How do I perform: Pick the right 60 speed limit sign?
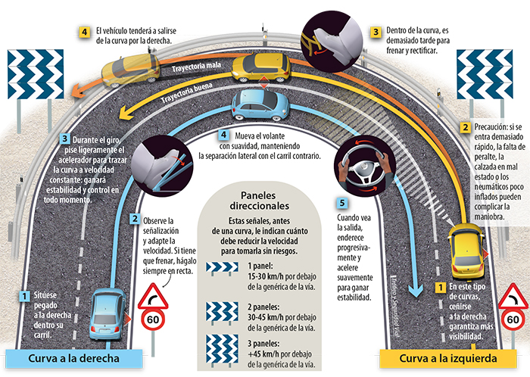point(514,320)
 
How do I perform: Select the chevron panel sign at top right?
point(484,70)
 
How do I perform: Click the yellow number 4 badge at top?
point(85,33)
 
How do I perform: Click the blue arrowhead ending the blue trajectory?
point(413,291)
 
